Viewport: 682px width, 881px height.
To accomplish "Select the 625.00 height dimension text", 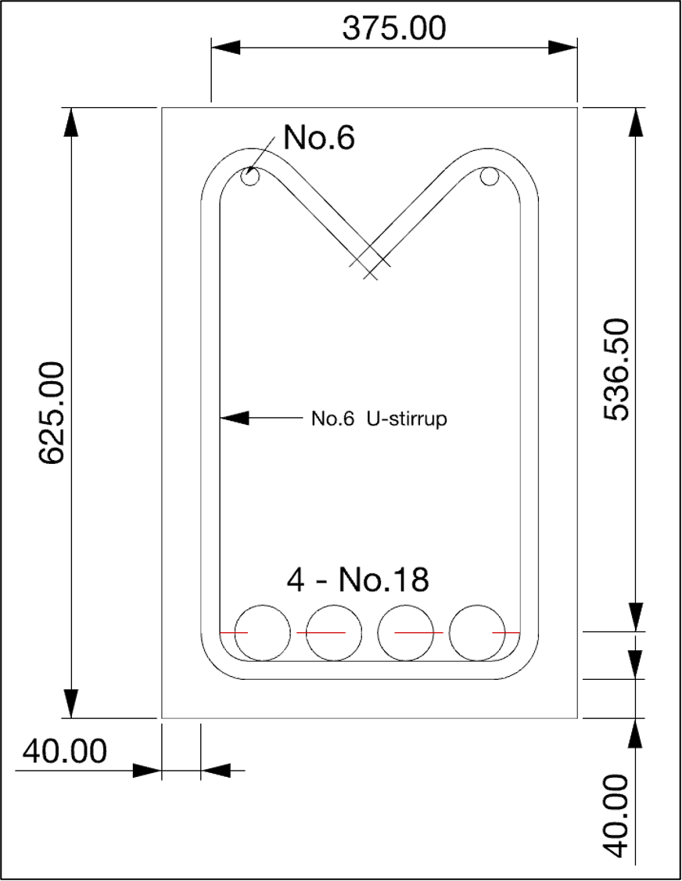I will pyautogui.click(x=52, y=412).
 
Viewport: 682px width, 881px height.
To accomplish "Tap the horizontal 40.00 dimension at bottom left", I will pyautogui.click(x=64, y=752).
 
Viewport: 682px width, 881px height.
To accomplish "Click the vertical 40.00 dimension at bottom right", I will pyautogui.click(x=617, y=816).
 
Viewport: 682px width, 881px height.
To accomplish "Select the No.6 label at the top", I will pyautogui.click(x=318, y=138).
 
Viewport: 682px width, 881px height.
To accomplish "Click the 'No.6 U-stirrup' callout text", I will pyautogui.click(x=379, y=419).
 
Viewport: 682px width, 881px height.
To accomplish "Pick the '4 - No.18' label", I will pyautogui.click(x=358, y=581).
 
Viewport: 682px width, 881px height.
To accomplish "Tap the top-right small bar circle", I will pyautogui.click(x=490, y=177).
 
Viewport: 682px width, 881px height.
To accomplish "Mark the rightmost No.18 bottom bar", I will pyautogui.click(x=478, y=632).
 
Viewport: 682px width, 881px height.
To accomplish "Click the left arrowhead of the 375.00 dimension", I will pyautogui.click(x=224, y=48).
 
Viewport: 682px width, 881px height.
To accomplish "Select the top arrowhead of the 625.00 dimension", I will pyautogui.click(x=71, y=120).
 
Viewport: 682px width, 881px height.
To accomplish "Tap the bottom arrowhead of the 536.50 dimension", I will pyautogui.click(x=636, y=617).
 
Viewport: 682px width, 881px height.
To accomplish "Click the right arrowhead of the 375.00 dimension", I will pyautogui.click(x=565, y=48).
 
